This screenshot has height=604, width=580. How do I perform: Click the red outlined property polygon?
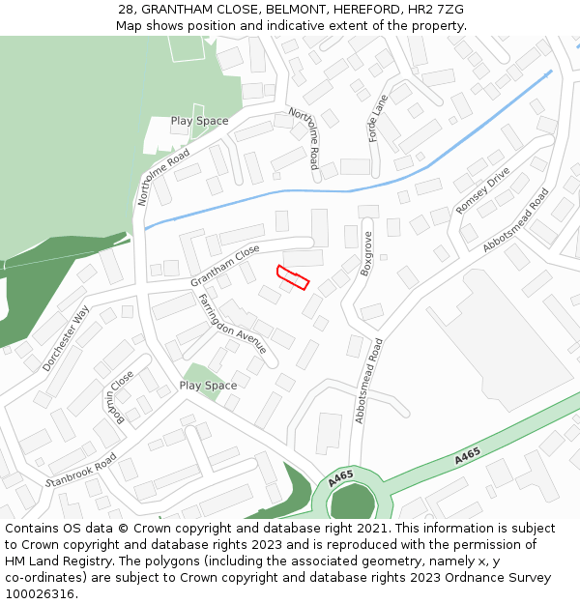click(292, 277)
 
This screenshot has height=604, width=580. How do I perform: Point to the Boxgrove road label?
click(366, 254)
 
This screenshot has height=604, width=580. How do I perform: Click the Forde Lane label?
click(378, 118)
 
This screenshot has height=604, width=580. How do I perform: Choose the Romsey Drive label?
click(481, 192)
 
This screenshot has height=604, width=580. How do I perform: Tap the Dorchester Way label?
click(66, 338)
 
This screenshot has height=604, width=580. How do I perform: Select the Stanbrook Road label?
click(81, 470)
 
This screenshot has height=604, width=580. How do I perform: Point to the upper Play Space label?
click(200, 121)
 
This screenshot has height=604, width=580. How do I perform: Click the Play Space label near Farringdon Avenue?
click(208, 386)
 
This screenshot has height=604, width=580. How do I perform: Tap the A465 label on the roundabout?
click(339, 477)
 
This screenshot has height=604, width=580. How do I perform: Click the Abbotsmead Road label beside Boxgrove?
click(368, 381)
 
